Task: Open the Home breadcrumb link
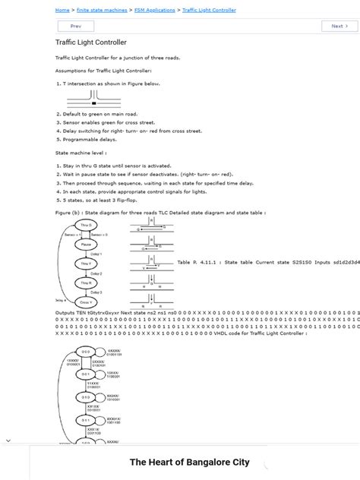coord(62,11)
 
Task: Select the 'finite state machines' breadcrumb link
coord(102,11)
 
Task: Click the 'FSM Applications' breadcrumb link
coord(155,11)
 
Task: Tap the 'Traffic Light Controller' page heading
coord(91,43)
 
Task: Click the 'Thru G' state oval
coord(85,226)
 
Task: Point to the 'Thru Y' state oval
coord(85,264)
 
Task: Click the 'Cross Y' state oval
coord(85,302)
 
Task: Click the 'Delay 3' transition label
coord(96,292)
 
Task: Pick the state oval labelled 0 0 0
coord(86,352)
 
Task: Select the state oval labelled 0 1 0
coord(86,396)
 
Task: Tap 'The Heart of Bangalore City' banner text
coord(189,462)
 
